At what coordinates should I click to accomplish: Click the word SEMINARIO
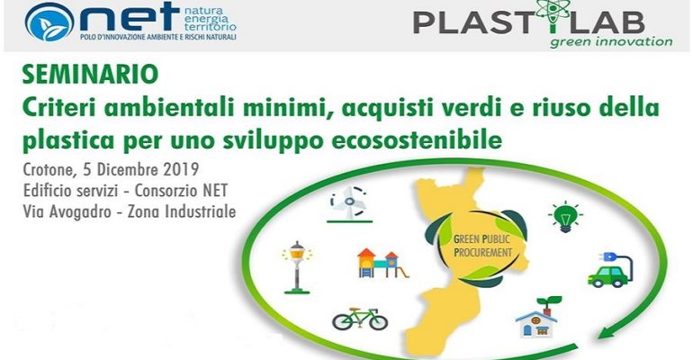[x=90, y=74]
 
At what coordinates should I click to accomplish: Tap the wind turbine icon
[x=349, y=203]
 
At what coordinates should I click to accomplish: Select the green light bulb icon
[x=565, y=216]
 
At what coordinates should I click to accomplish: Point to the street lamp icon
[x=297, y=267]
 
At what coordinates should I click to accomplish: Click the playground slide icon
[x=382, y=264]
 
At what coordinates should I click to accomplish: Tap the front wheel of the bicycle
[x=378, y=322]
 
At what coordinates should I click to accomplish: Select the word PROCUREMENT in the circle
[x=482, y=253]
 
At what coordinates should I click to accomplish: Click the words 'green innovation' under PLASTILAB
[x=611, y=42]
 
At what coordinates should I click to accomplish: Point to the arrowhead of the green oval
[x=608, y=329]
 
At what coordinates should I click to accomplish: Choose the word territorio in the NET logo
[x=210, y=27]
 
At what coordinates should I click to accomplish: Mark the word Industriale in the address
[x=200, y=212]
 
